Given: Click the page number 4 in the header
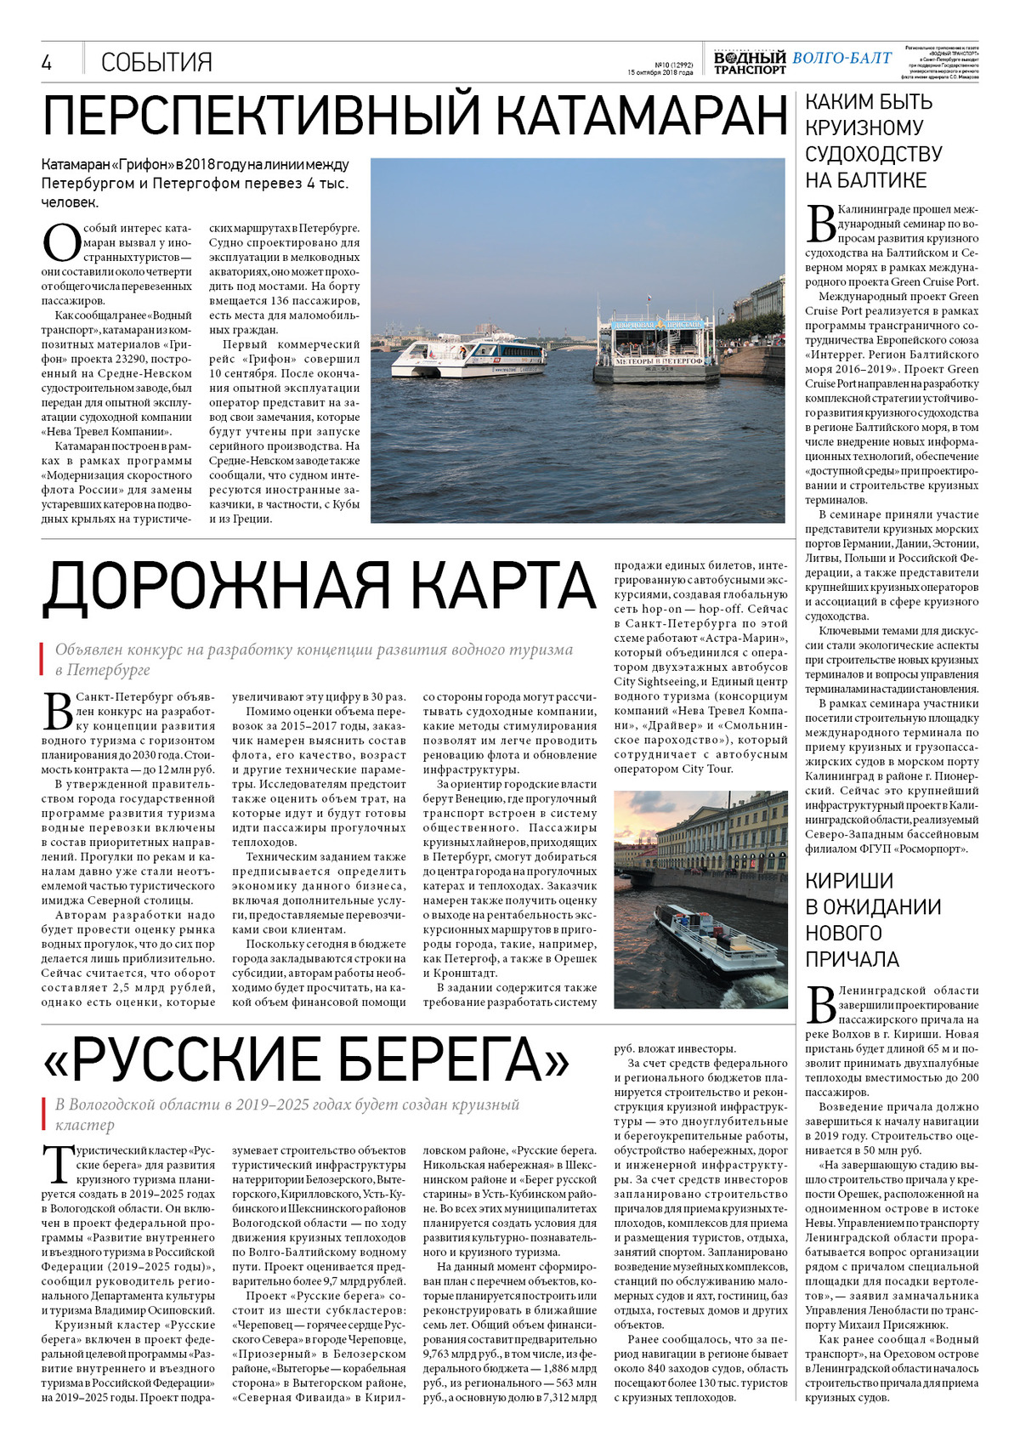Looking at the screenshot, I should (47, 63).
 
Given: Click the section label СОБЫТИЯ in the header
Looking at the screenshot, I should (156, 62).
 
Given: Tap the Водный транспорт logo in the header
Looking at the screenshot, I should (749, 62).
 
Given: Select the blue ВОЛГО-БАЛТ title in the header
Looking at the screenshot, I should (841, 58).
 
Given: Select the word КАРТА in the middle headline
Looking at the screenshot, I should (495, 586).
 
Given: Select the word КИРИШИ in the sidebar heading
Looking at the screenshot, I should (849, 881).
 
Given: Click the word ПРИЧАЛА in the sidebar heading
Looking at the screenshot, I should (852, 960).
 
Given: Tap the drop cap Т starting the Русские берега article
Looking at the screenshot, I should (57, 1163).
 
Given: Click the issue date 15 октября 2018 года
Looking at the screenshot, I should (660, 72).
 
